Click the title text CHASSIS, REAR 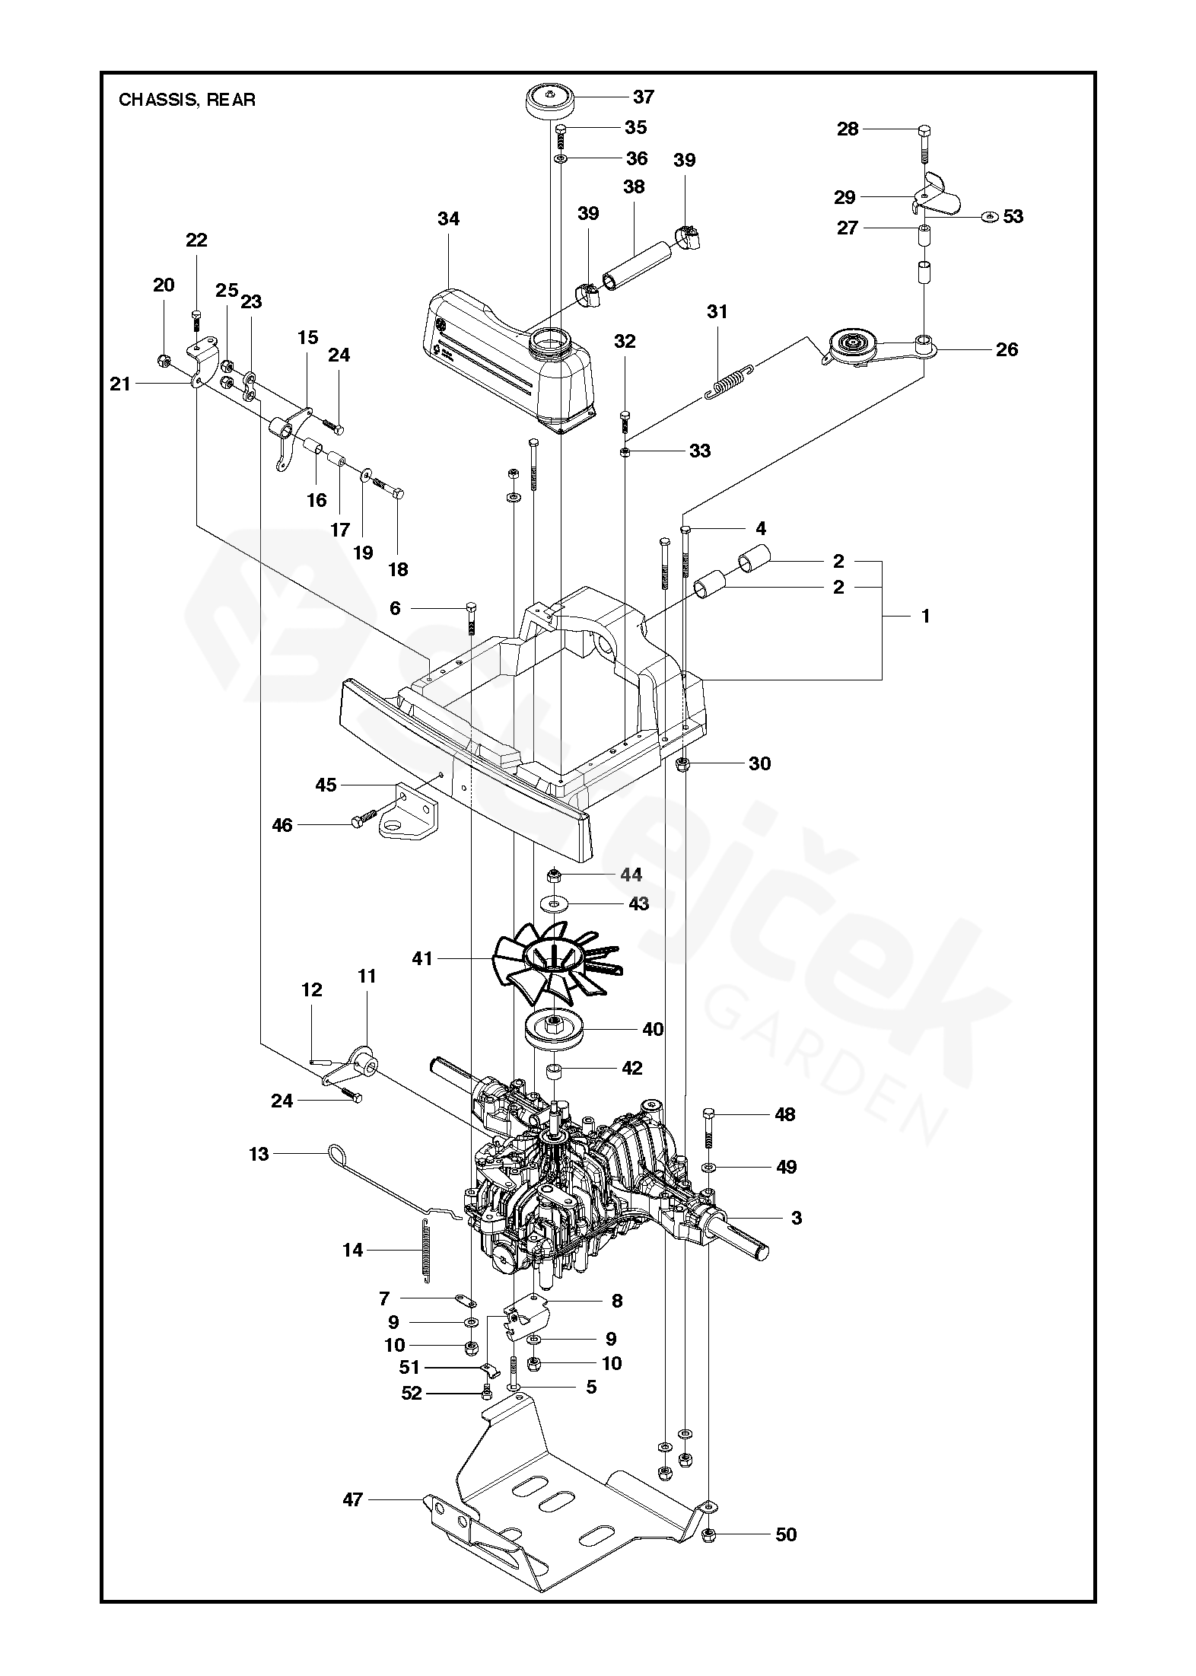[187, 100]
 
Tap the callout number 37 [644, 97]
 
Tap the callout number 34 [449, 219]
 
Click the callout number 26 [1007, 349]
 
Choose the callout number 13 [259, 1154]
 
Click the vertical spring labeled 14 [424, 1250]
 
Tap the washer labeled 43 [554, 904]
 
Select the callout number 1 [925, 617]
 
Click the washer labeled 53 [988, 217]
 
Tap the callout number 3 [797, 1218]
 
